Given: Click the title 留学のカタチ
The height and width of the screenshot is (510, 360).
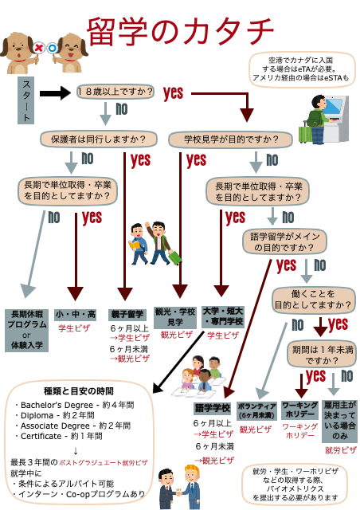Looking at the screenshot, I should (x=180, y=32).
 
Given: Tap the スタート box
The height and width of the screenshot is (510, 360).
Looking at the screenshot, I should (x=25, y=100).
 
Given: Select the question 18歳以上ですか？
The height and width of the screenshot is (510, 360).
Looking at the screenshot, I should (x=116, y=92).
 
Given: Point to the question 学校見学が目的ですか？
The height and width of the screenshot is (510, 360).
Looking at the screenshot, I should (x=230, y=139).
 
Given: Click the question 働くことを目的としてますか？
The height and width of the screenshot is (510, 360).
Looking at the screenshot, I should (x=313, y=299).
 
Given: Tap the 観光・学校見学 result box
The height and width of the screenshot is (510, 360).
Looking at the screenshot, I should (x=174, y=317).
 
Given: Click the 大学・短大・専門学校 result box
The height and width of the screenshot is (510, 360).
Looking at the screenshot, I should (x=223, y=316).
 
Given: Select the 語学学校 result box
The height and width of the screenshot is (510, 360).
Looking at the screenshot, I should (x=212, y=408).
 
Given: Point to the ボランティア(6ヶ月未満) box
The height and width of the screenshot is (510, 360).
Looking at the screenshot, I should (x=256, y=410).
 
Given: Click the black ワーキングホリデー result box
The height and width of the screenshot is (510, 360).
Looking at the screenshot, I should (x=299, y=410).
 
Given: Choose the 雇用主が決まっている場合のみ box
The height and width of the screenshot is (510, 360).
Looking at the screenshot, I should (x=340, y=420).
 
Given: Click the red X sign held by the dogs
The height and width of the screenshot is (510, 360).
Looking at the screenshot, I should (x=38, y=48).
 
